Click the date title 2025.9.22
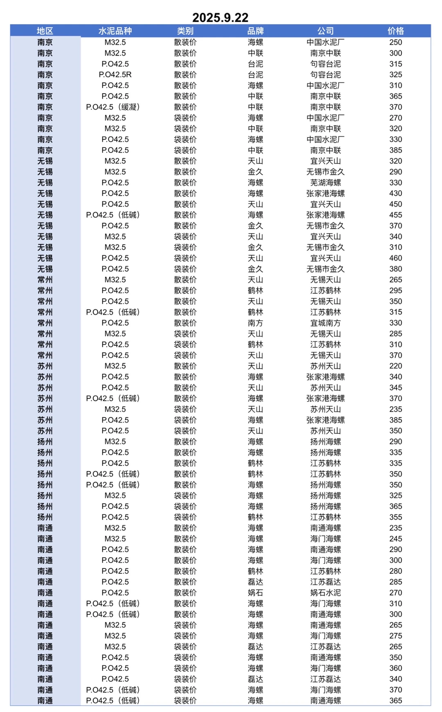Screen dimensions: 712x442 point(220,18)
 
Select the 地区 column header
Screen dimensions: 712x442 point(45,31)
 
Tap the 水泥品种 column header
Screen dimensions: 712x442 point(115,31)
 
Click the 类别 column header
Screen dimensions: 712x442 point(185,31)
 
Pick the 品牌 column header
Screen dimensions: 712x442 point(255,31)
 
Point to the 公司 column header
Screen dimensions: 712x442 point(325,31)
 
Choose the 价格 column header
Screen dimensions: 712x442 point(395,31)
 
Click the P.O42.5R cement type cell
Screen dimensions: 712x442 point(115,74)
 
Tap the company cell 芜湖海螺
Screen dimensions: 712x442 point(325,183)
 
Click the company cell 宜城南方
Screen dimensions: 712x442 point(325,323)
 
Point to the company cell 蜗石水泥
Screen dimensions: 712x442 point(325,593)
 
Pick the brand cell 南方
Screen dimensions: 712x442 point(255,323)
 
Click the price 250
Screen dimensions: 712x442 point(395,42)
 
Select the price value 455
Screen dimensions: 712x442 point(395,215)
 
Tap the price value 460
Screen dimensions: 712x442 point(395,258)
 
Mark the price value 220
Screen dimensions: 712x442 point(395,366)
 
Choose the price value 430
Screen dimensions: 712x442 point(395,193)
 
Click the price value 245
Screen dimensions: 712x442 point(395,539)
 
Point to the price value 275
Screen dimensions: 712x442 point(395,636)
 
